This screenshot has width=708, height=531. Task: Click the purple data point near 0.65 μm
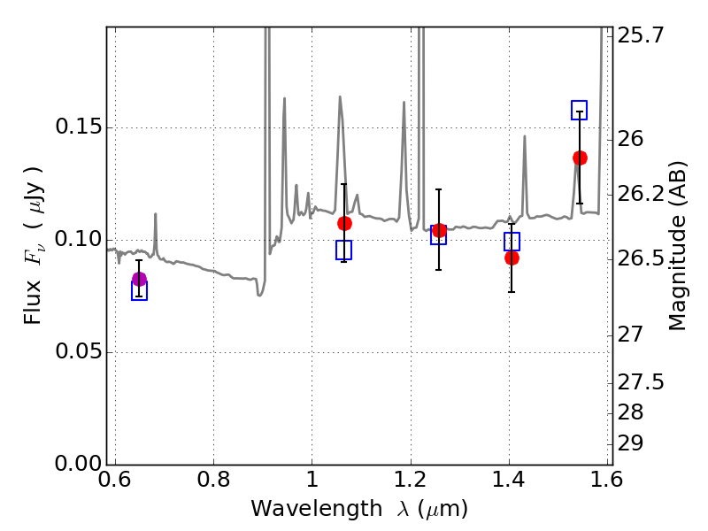[140, 279]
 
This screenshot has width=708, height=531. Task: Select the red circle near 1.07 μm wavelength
[344, 223]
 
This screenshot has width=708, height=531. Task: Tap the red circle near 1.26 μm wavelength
[439, 230]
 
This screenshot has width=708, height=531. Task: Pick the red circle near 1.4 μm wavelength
[512, 258]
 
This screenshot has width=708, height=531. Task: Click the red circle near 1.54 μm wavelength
[580, 158]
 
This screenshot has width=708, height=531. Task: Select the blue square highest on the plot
[579, 110]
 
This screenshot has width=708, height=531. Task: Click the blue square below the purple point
[139, 290]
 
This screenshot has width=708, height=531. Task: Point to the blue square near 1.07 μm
[343, 250]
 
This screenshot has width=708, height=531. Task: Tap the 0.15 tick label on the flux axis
[77, 127]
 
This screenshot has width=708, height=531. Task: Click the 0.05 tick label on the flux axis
[77, 351]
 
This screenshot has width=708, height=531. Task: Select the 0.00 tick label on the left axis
[77, 463]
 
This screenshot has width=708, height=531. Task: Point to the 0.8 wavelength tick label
[213, 479]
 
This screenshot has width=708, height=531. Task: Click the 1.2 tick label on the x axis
[411, 479]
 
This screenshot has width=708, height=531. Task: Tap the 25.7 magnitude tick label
[641, 35]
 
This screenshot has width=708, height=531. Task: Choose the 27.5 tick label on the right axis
[641, 382]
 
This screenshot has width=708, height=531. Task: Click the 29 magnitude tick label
[630, 443]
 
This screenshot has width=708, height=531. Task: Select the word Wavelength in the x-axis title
[317, 509]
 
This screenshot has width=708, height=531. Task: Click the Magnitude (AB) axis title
[676, 246]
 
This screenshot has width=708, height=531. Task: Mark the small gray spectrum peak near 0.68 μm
[156, 214]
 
